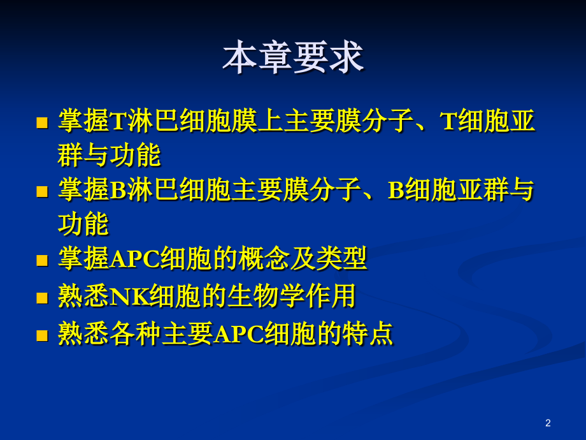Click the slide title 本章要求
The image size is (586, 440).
coord(293,57)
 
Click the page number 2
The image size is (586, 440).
coord(548,423)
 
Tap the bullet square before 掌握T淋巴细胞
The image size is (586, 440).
coord(42,122)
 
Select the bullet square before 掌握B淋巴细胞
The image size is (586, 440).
coord(42,191)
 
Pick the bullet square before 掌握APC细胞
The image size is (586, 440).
coord(42,260)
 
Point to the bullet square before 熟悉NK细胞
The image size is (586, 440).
coord(42,298)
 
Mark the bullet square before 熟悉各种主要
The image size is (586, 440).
coord(42,335)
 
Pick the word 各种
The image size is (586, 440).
coord(135,333)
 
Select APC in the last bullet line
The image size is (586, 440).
coord(238,334)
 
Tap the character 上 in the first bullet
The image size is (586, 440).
coord(270,121)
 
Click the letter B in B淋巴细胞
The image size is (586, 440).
coord(118,190)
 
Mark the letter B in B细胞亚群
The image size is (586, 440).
coord(396,190)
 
